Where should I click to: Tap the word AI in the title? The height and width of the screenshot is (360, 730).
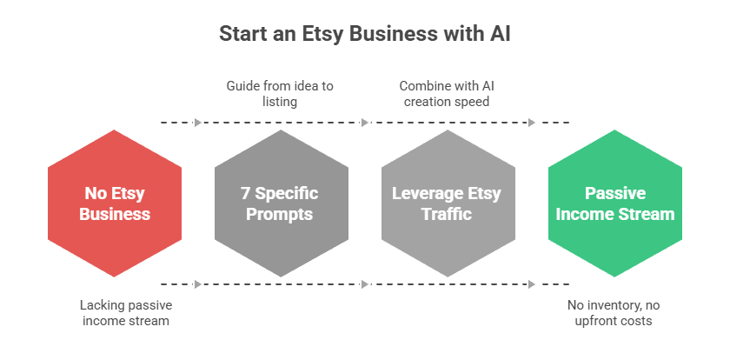[499, 34]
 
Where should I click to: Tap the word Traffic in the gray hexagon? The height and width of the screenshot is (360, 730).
[448, 214]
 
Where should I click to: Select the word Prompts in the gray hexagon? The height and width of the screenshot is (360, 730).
[281, 214]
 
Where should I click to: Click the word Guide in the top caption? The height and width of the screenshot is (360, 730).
[244, 86]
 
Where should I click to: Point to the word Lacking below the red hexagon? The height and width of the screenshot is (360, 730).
[102, 305]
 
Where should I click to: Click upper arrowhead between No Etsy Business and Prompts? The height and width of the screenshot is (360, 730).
[198, 123]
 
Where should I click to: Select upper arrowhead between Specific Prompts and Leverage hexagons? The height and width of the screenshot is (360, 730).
[365, 123]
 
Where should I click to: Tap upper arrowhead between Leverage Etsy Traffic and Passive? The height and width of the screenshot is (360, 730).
[532, 123]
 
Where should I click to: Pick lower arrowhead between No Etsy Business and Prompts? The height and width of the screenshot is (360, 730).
[198, 283]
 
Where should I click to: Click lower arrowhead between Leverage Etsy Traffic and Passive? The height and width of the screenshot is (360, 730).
[532, 283]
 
